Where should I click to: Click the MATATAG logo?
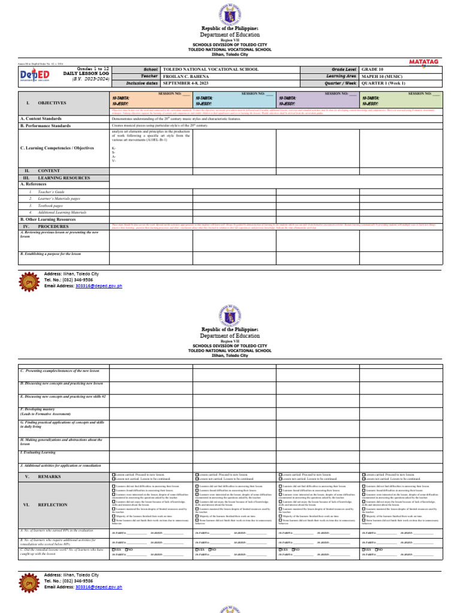425,61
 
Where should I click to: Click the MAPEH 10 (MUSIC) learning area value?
401,76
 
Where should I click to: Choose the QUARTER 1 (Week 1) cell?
401,83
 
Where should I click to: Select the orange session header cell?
151,99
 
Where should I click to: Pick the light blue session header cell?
234,99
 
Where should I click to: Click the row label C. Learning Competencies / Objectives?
57,148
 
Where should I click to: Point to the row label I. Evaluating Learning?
39,453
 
